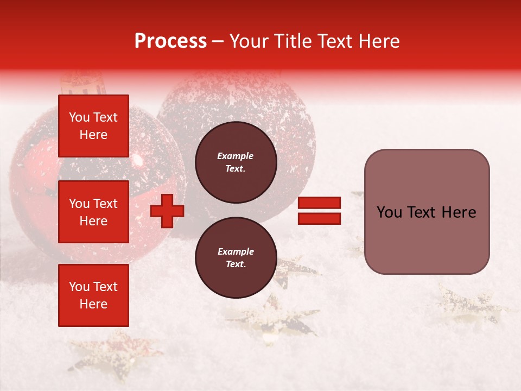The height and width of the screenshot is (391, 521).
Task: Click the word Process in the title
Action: [170, 41]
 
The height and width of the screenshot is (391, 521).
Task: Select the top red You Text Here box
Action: [93, 126]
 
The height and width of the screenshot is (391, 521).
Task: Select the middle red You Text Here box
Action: [93, 212]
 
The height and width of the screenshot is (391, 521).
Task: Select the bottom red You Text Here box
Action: [93, 295]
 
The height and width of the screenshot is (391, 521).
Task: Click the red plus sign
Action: [167, 211]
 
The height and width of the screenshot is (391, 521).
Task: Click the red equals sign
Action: [320, 211]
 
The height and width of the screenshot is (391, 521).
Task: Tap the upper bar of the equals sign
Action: [320, 203]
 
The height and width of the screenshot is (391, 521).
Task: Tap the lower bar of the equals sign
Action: [320, 218]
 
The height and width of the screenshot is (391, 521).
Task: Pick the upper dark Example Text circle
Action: [236, 162]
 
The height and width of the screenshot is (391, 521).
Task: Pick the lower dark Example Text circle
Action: [236, 257]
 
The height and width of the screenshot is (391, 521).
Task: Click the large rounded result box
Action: [427, 211]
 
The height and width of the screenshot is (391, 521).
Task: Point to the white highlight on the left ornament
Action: [138, 160]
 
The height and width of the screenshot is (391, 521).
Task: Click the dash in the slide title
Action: [218, 41]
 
